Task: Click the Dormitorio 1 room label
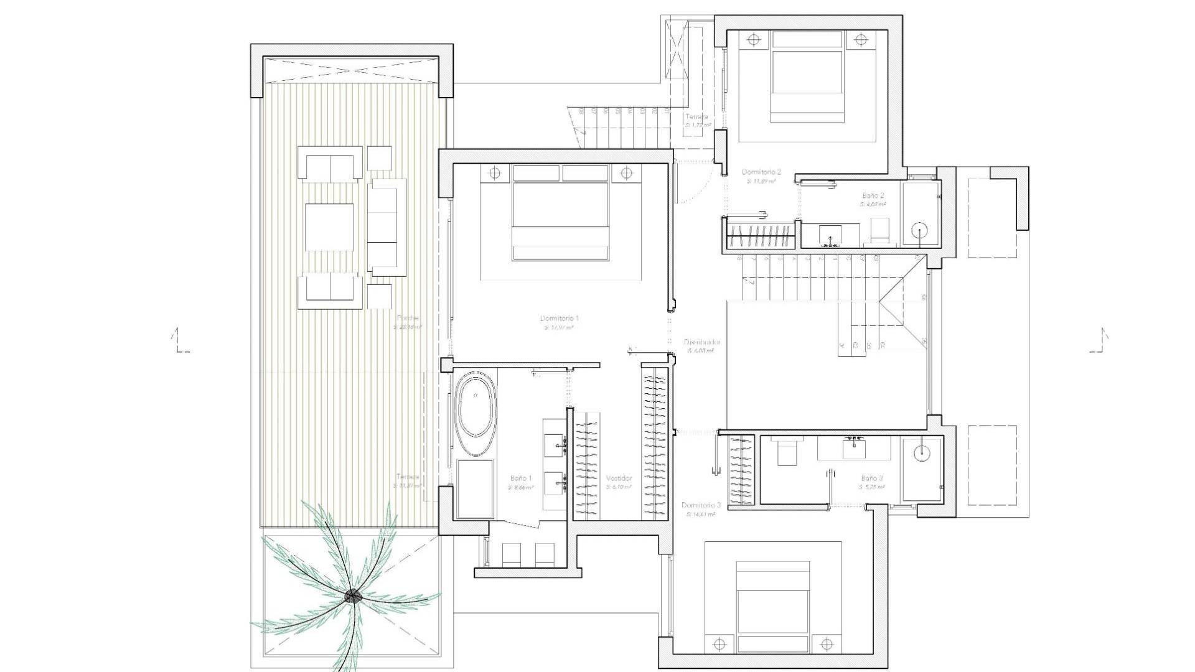tap(559, 319)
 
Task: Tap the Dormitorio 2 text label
tap(761, 172)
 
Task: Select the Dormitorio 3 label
tap(701, 505)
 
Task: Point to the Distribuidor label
tap(701, 342)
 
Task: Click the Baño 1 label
tap(521, 478)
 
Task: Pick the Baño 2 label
tap(873, 195)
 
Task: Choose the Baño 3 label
tap(872, 478)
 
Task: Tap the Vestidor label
tap(619, 478)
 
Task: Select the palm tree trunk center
tap(352, 597)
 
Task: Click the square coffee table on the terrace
tap(329, 227)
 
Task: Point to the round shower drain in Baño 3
tap(922, 452)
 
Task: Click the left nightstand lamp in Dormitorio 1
tap(494, 173)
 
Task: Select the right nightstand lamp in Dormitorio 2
tap(860, 40)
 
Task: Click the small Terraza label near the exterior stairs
tap(696, 116)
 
